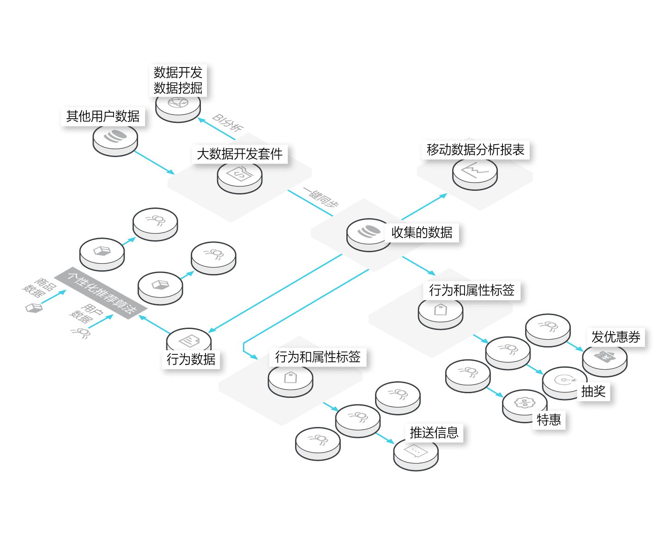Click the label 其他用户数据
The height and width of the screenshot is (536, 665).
[x=103, y=116]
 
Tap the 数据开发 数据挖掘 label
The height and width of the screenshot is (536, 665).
[x=178, y=80]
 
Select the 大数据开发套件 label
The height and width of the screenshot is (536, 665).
[x=240, y=154]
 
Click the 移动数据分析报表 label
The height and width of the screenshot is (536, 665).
[x=476, y=150]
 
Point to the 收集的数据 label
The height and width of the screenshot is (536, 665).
[x=422, y=232]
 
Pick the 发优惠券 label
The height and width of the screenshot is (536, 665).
[x=616, y=337]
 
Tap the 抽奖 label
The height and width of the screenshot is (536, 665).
[x=593, y=391]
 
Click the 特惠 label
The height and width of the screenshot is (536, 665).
[x=549, y=420]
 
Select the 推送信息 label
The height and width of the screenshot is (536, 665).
[x=434, y=432]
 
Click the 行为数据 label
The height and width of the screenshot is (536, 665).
[x=191, y=359]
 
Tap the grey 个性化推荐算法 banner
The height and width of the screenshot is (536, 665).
[x=101, y=292]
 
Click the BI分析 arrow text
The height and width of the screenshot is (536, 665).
[x=227, y=122]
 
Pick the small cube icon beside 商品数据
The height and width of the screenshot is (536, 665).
[x=34, y=308]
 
